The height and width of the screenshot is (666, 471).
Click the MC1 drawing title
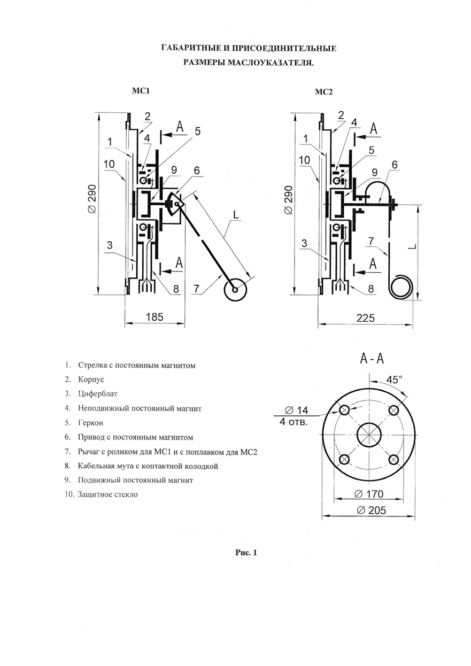[x=141, y=91]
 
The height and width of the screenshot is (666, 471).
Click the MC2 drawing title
[x=323, y=92]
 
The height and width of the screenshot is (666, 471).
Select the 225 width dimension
[x=366, y=318]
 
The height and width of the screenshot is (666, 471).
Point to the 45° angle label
[x=395, y=380]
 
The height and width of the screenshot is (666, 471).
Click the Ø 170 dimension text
[x=369, y=494]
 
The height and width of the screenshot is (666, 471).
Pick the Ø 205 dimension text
[x=371, y=510]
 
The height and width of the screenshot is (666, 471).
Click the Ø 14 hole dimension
[x=297, y=410]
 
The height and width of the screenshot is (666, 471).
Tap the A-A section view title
[x=372, y=359]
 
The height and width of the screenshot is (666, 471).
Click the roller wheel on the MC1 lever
[x=235, y=289]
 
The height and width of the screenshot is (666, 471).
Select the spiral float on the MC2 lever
[x=401, y=286]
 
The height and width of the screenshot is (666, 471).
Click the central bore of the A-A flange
[x=369, y=435]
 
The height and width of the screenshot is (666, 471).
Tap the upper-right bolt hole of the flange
[x=393, y=411]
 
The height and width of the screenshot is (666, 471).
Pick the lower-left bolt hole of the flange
[x=344, y=460]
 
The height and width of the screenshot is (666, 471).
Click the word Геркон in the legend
[x=91, y=422]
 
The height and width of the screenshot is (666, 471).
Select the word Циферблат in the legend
[x=98, y=393]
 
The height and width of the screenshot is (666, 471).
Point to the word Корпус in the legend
[x=91, y=380]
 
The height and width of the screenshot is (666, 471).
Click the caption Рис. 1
[x=246, y=553]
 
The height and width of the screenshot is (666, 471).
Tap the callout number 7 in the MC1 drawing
[x=196, y=289]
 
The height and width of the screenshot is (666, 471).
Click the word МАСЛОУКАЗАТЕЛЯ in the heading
[x=271, y=63]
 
